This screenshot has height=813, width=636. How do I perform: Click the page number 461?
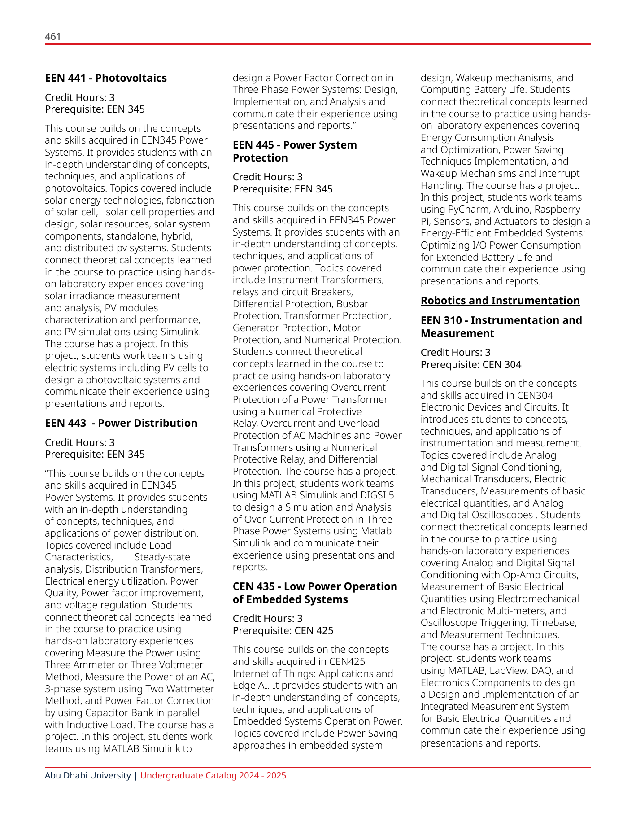pyautogui.click(x=52, y=36)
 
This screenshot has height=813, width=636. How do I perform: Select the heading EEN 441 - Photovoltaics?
pyautogui.click(x=106, y=78)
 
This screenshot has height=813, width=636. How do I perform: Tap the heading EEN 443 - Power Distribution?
pyautogui.click(x=121, y=423)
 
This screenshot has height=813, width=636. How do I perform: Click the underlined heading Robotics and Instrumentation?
pyautogui.click(x=500, y=301)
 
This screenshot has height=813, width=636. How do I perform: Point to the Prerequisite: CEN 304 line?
pyautogui.click(x=471, y=364)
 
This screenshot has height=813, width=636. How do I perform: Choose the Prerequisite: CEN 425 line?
pyautogui.click(x=283, y=630)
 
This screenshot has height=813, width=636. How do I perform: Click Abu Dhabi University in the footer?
pyautogui.click(x=88, y=775)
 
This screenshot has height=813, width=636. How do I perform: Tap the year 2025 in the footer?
pyautogui.click(x=276, y=775)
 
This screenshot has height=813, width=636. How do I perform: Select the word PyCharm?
pyautogui.click(x=469, y=210)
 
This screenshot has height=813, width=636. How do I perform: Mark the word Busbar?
pyautogui.click(x=352, y=304)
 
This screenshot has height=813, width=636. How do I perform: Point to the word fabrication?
pyautogui.click(x=187, y=200)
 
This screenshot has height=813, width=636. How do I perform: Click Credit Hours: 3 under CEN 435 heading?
pyautogui.click(x=268, y=618)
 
